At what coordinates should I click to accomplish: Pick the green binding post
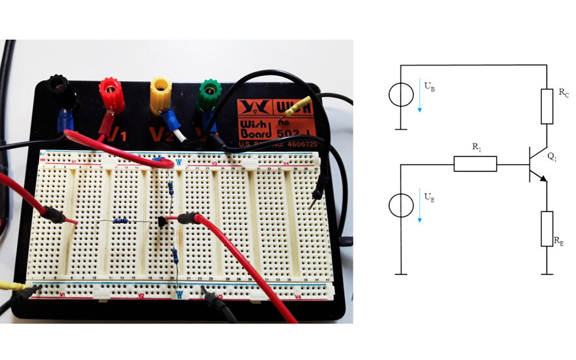point(209,92)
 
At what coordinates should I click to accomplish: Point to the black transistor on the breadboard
point(162,223)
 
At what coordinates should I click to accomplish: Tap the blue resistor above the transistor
point(171,189)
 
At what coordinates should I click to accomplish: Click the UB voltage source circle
point(400,95)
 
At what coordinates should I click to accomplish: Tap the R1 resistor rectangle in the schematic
point(475,164)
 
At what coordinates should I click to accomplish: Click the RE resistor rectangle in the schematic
point(547,228)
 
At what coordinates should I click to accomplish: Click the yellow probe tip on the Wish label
point(302,104)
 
